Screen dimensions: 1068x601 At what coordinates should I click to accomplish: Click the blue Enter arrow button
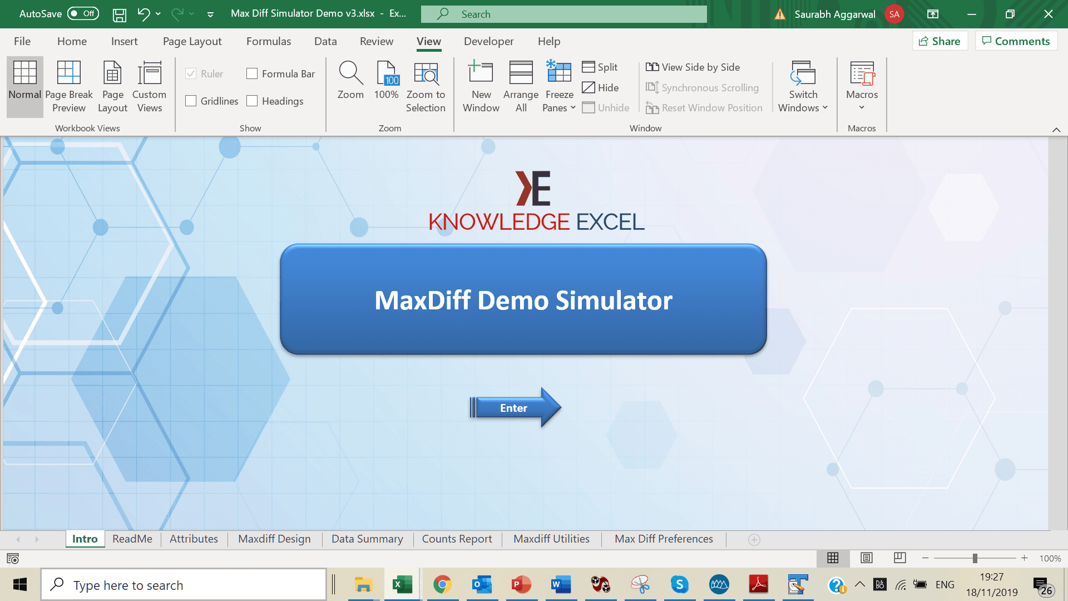(515, 408)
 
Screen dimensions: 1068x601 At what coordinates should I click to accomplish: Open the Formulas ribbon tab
(269, 41)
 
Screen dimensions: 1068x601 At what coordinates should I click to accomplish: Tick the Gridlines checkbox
(191, 101)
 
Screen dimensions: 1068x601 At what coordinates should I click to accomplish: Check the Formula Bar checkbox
(252, 73)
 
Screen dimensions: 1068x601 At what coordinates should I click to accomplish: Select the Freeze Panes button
(559, 86)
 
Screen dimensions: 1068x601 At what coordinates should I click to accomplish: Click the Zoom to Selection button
(426, 86)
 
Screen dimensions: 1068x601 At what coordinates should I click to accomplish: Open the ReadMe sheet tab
(132, 539)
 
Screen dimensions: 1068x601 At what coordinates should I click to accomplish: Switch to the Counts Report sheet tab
(457, 539)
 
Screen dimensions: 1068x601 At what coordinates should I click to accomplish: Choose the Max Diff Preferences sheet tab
(664, 539)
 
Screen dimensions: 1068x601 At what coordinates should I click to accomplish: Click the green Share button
(940, 41)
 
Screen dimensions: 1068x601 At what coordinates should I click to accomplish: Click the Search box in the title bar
(564, 14)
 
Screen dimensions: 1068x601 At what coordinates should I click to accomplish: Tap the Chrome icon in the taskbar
(442, 584)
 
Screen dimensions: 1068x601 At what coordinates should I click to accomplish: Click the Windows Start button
(20, 584)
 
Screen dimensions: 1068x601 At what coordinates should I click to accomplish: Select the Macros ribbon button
(862, 86)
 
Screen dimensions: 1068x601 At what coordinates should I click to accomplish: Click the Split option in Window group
(600, 67)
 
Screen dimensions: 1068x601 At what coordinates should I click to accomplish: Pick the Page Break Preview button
(69, 86)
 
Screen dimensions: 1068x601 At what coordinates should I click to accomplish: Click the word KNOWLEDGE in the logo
(499, 222)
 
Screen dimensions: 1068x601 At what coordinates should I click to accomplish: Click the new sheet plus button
(754, 539)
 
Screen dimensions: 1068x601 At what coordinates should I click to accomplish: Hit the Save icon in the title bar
(119, 14)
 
